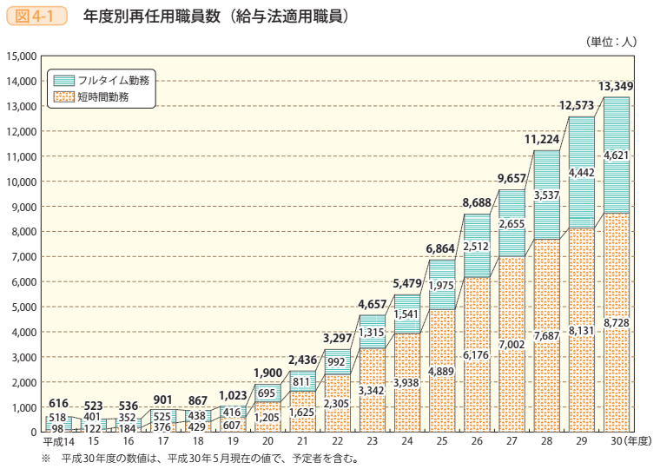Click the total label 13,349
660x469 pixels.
616,86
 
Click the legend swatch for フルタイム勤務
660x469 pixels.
63,79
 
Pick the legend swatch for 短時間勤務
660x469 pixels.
63,97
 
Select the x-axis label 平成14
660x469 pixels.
58,443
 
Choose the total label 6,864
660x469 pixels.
442,249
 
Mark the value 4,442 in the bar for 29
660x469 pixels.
581,173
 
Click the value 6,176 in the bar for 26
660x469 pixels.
477,355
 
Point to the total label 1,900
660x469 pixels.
267,373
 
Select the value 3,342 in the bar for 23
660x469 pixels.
373,392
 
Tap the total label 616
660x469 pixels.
58,403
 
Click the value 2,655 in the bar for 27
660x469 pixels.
511,224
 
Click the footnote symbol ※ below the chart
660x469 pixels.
45,459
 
